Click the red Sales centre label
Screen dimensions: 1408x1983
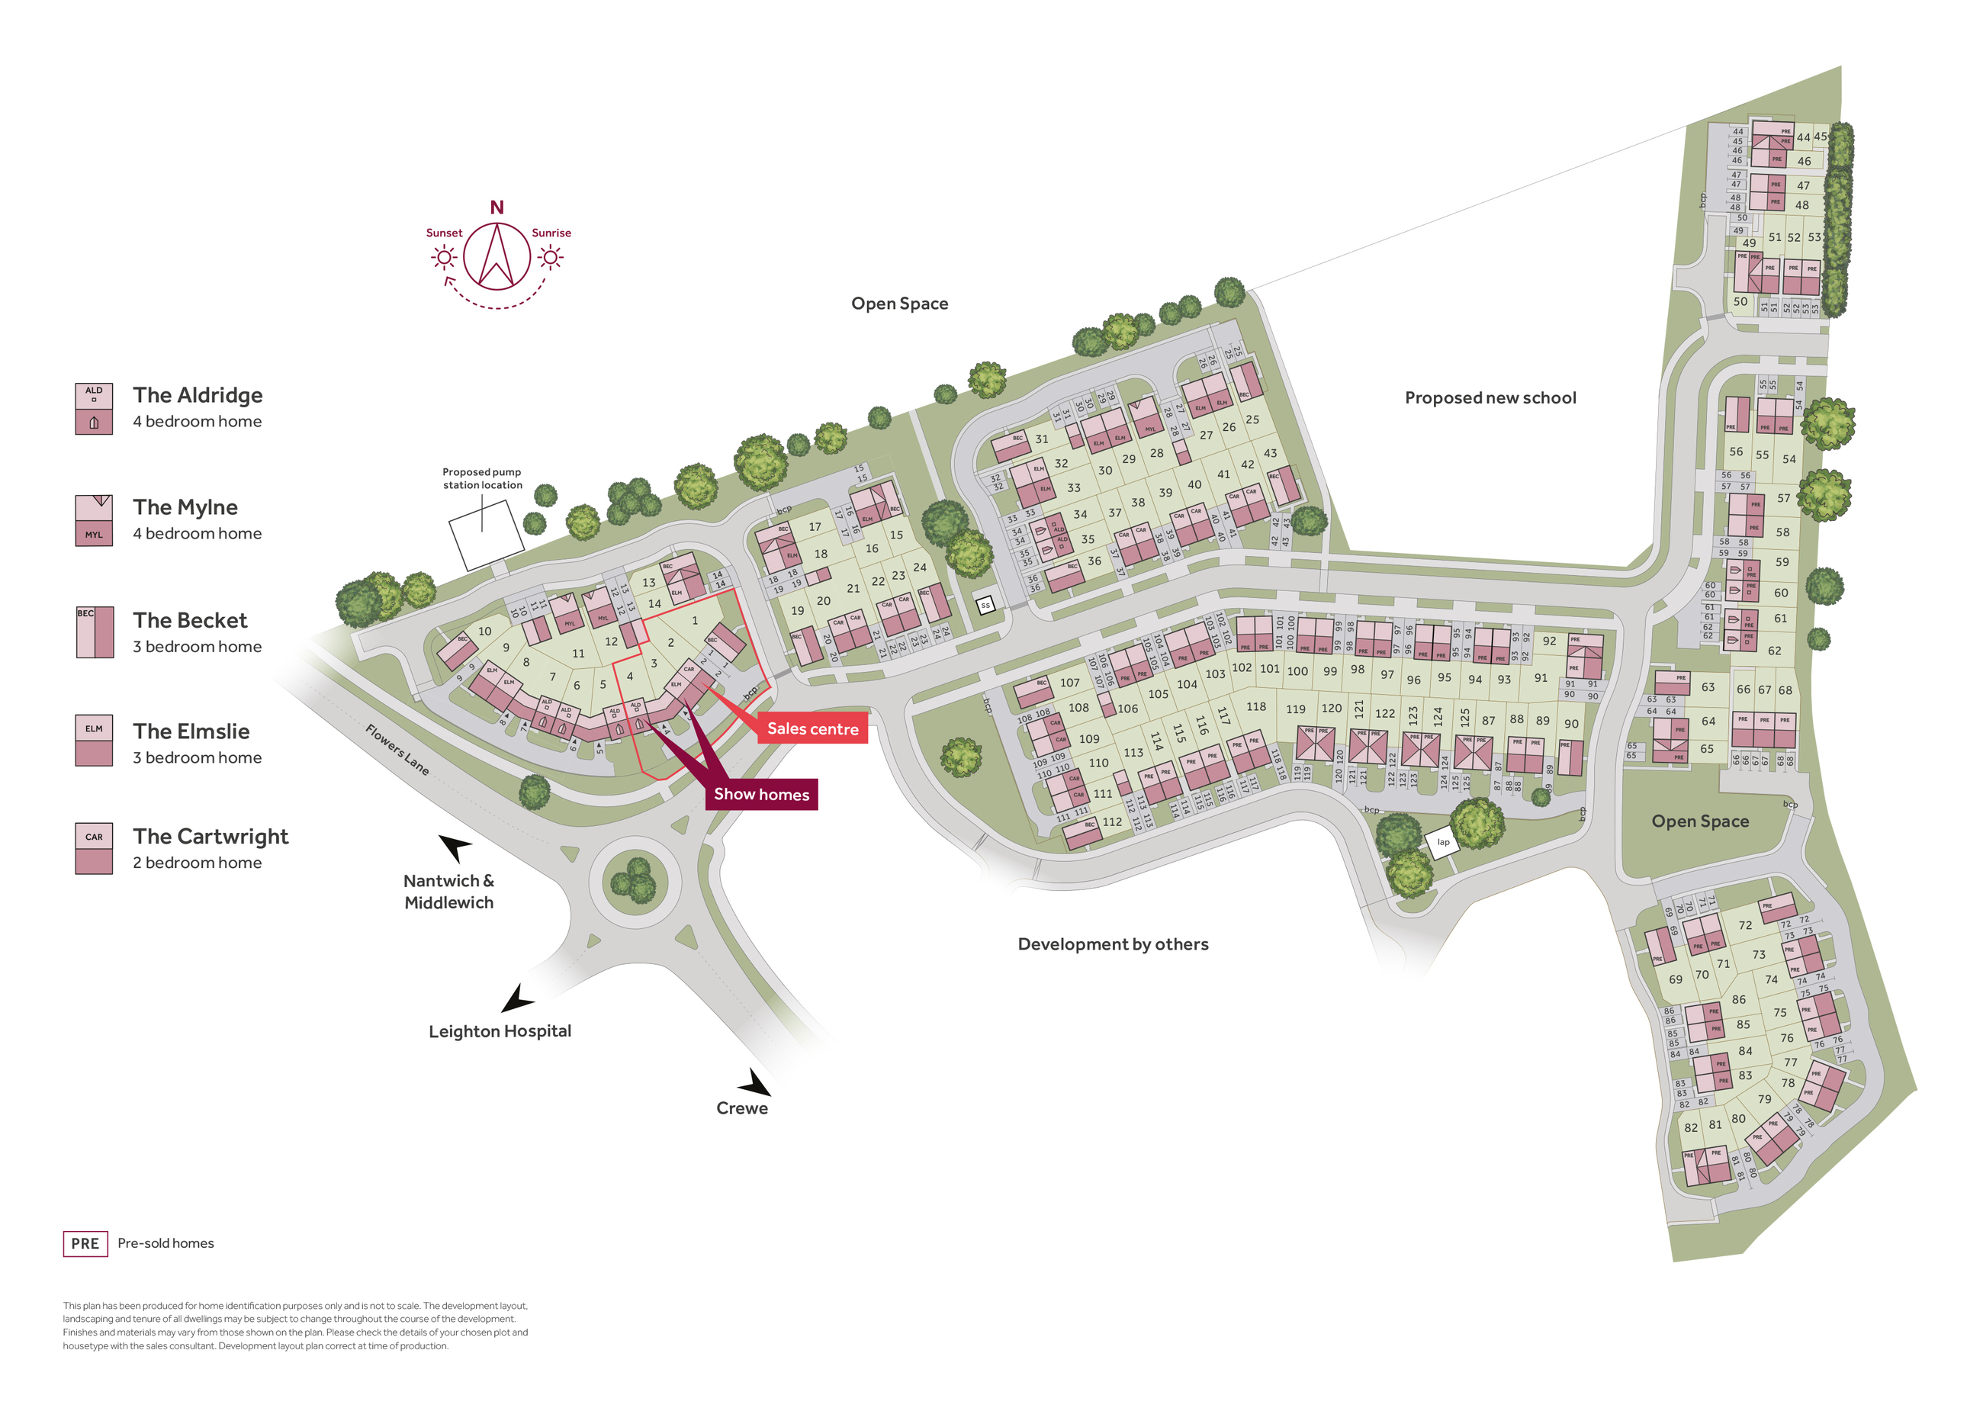click(812, 729)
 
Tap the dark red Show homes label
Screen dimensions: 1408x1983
click(761, 794)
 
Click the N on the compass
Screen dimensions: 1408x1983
click(497, 207)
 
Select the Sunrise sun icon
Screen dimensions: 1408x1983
click(551, 258)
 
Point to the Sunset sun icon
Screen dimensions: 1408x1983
click(445, 258)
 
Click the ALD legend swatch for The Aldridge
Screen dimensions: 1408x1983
click(94, 408)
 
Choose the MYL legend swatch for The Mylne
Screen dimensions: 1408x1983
click(94, 520)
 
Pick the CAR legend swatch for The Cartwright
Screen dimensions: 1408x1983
click(94, 848)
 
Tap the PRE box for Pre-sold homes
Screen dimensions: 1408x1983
click(85, 1243)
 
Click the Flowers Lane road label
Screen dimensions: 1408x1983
click(397, 749)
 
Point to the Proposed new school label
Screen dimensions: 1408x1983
click(1490, 398)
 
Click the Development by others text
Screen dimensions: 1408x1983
click(1113, 944)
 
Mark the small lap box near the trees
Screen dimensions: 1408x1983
click(1443, 842)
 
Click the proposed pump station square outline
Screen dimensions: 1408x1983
click(485, 535)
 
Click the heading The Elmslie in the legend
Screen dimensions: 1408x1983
click(191, 731)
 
